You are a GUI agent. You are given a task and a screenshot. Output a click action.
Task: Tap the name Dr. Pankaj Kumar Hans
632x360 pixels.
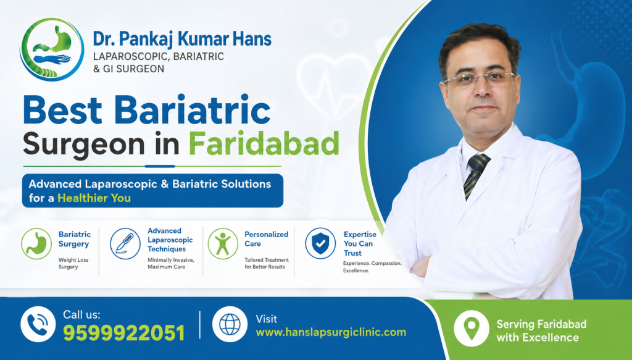182,40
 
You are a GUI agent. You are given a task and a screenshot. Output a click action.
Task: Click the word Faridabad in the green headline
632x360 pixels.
264,143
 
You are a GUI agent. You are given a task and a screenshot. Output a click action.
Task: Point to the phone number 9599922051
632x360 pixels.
123,333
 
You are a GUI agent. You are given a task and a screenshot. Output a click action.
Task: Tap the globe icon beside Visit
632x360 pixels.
230,325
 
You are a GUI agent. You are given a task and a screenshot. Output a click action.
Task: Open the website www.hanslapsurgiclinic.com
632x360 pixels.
331,332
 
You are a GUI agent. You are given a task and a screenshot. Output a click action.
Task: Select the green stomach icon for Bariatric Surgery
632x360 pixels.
36,243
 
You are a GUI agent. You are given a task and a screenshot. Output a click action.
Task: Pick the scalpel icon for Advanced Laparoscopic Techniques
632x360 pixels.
125,243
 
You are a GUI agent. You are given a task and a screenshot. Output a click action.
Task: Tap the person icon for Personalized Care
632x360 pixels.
223,243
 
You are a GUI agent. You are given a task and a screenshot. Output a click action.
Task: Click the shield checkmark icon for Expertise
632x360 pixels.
320,243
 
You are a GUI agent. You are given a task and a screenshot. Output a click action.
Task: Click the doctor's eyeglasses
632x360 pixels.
479,78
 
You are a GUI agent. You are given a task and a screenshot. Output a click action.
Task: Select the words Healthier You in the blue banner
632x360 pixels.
94,198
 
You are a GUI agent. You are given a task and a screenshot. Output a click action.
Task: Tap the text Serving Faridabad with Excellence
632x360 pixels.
541,331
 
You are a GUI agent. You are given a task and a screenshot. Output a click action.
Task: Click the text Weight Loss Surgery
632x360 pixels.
73,264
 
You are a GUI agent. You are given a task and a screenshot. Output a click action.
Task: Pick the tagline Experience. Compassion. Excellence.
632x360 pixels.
372,267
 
